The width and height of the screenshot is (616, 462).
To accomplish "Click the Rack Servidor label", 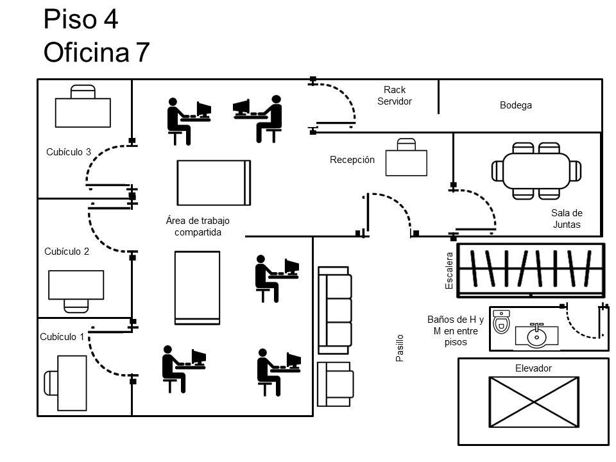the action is [395, 96].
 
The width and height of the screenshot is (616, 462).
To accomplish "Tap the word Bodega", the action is [516, 105].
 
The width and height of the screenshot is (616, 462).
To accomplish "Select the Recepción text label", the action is [352, 160].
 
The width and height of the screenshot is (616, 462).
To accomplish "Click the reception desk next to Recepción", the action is [406, 162].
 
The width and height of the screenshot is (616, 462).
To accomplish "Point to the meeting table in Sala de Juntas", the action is [536, 171].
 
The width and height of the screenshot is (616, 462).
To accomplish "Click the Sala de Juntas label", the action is [567, 218].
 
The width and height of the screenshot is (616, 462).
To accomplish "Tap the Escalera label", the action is [449, 271].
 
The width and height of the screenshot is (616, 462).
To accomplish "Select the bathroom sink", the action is [536, 336].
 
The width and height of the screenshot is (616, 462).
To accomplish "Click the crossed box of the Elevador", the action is [534, 402].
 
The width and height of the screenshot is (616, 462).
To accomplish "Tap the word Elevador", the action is [533, 368].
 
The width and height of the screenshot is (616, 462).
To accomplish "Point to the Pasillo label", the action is [400, 348].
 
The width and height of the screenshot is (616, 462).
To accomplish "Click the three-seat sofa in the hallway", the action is [335, 311].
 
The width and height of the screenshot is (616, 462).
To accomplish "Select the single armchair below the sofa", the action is [335, 384].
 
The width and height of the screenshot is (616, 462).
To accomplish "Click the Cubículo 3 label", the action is [69, 151].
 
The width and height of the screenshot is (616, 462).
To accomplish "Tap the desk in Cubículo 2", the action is [76, 285].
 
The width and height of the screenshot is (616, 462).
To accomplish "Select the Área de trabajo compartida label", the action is [198, 227].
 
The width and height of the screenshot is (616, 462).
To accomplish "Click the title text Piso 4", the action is [81, 19].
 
